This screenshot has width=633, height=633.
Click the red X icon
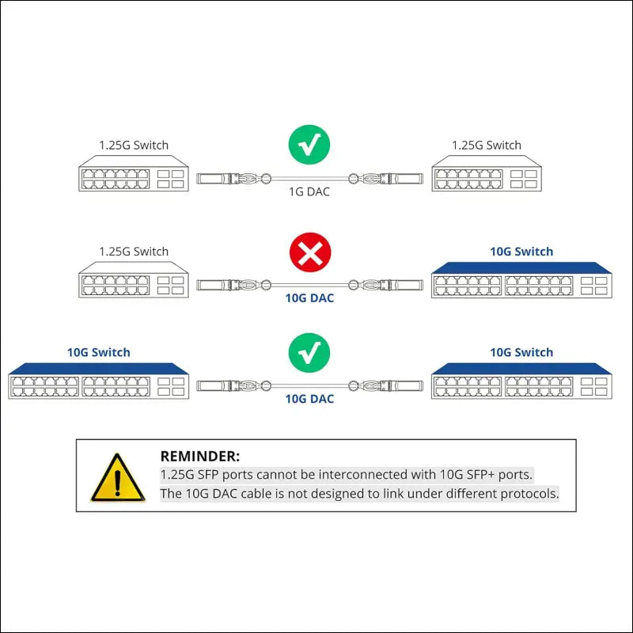[x=309, y=253]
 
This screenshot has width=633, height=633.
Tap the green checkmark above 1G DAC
[x=309, y=145]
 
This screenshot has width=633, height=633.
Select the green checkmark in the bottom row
[x=309, y=353]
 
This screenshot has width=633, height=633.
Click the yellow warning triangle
[x=118, y=479]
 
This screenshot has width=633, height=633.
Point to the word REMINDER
[x=199, y=456]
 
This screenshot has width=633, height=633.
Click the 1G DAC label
[x=309, y=191]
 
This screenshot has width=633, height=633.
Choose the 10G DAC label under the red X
[x=309, y=298]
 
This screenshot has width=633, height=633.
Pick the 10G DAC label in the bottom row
[x=309, y=399]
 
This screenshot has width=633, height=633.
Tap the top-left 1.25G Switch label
[x=134, y=145]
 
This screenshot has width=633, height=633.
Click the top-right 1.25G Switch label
[x=487, y=145]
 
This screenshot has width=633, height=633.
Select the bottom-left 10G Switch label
[x=99, y=352]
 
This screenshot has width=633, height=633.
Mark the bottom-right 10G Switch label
[x=521, y=352]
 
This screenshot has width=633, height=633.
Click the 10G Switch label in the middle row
[x=521, y=252]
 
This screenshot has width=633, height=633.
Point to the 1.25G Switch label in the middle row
[x=134, y=252]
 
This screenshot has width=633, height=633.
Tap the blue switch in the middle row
[x=521, y=280]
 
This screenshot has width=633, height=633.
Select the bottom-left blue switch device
[x=99, y=381]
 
